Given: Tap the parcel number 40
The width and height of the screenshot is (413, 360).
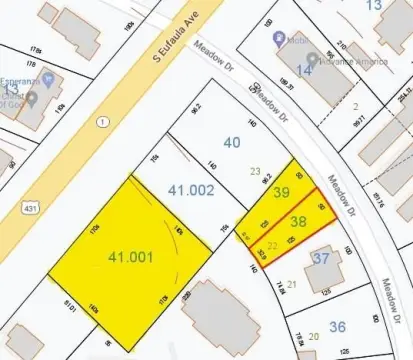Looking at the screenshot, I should click(231, 142).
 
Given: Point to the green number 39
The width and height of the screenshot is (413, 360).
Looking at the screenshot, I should click(282, 192).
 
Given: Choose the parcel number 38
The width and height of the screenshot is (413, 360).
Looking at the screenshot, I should click(299, 221).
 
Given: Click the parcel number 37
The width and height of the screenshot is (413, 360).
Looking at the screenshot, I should click(320, 259).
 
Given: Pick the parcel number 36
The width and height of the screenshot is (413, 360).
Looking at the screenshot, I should click(337, 325).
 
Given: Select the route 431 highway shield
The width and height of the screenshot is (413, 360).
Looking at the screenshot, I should click(29, 208).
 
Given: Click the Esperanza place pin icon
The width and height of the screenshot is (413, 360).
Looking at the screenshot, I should click(32, 98).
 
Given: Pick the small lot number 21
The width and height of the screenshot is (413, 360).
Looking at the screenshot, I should click(291, 283).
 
